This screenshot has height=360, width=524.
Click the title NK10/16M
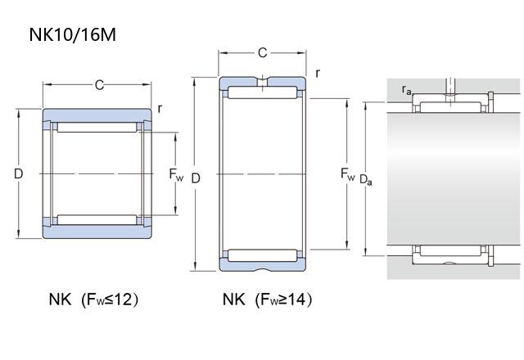coord(73,34)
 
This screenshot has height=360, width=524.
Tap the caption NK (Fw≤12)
coord(93,299)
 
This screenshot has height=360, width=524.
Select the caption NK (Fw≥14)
coord(268,299)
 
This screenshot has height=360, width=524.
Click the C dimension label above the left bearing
coord(99,85)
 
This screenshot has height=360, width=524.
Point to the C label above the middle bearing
coord(262,52)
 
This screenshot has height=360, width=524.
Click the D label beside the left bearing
coord(19,173)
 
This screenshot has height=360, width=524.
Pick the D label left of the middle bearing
coord(196,178)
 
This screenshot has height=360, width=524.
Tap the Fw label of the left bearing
coord(176,174)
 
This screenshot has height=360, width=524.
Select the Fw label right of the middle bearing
coord(347,174)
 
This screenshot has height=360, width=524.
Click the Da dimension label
coord(366,180)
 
